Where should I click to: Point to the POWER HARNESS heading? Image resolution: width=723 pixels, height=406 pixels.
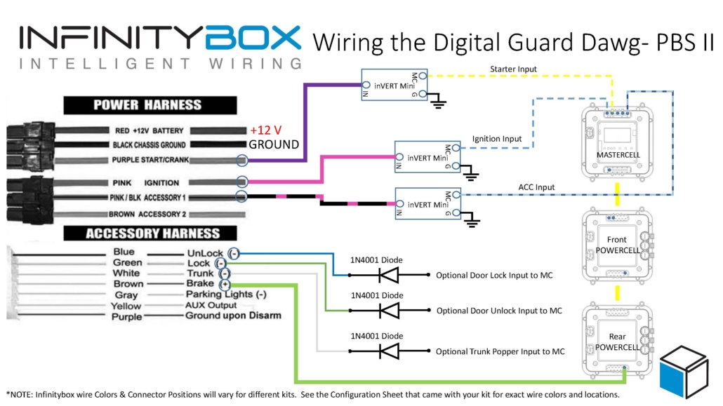tap(147, 105)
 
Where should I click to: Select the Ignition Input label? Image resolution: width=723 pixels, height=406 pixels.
tap(496, 139)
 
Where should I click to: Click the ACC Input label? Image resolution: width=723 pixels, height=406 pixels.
tap(536, 187)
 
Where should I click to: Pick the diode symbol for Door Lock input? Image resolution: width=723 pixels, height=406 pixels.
tap(387, 275)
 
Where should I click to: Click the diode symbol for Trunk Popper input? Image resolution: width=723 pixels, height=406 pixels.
tap(387, 351)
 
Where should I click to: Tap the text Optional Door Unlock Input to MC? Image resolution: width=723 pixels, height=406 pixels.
tap(499, 311)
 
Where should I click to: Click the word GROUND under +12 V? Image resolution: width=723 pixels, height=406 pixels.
tap(274, 144)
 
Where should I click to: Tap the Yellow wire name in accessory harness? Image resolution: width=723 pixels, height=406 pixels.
tap(126, 306)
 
